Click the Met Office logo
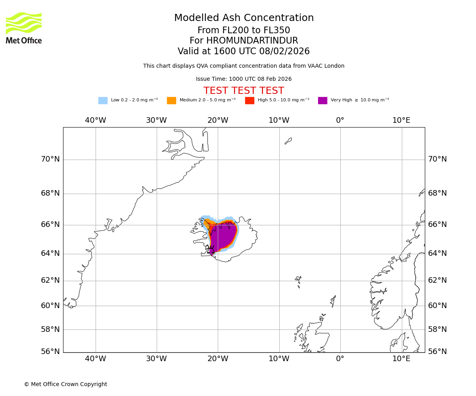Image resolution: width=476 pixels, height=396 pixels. pos(24,28)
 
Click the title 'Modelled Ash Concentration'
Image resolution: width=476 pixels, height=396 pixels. pos(244,18)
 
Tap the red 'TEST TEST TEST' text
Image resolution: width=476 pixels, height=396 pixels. pos(244,91)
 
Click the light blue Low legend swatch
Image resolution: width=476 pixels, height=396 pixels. pos(103,100)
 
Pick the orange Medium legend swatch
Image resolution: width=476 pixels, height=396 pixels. pos(171,100)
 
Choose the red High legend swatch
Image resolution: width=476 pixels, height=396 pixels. pos(250,100)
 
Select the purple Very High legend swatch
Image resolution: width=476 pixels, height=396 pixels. pos(322,100)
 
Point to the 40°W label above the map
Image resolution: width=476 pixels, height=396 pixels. pos(96,120)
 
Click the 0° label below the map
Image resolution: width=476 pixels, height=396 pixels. pos(340,359)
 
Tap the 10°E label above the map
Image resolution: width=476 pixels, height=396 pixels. pos(401,120)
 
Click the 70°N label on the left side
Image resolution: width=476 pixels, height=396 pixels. pos(50,159)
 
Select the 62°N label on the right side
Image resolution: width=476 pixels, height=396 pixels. pos(437,280)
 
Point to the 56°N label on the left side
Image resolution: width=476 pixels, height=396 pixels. pos(50,351)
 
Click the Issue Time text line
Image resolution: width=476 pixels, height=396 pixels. pos(244,79)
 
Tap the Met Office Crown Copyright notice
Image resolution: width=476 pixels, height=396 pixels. pos(65,384)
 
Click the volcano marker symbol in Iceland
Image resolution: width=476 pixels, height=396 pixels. pos(211,251)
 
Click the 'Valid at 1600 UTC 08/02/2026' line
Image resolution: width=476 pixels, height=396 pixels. pos(244,51)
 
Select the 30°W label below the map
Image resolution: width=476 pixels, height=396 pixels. pos(157,359)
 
